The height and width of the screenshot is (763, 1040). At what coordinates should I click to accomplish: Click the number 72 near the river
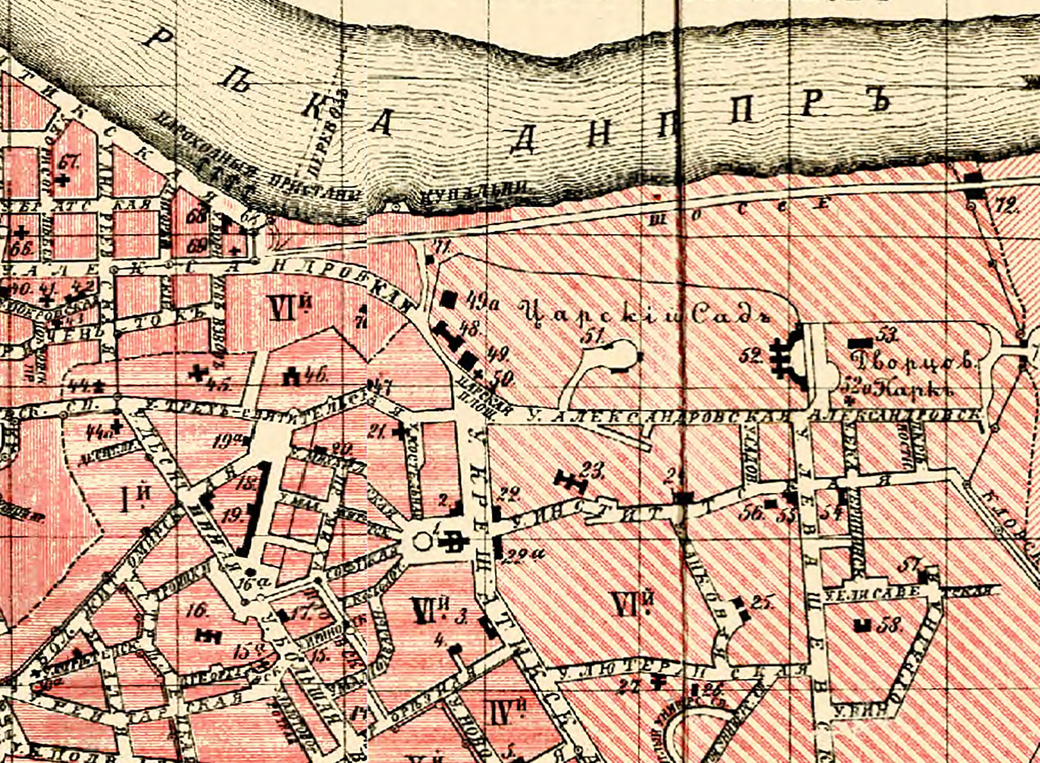(1005, 208)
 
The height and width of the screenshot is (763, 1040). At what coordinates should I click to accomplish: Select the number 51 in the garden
(594, 336)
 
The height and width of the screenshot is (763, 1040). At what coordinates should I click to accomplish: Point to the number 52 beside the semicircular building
(751, 356)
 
